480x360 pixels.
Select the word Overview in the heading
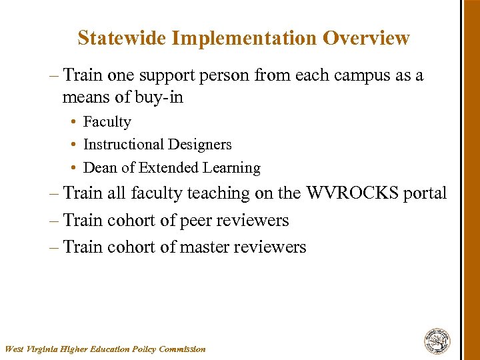366,38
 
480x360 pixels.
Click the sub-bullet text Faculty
107,122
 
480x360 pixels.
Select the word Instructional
123,145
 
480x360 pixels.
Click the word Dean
101,168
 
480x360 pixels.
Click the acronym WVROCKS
351,193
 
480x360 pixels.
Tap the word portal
424,193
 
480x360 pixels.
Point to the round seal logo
437,341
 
